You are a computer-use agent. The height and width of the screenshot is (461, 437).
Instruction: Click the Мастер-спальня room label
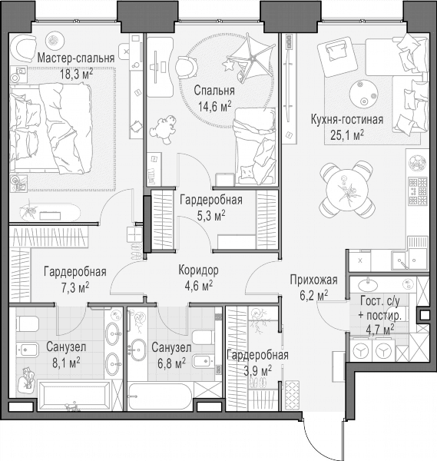(x=76, y=58)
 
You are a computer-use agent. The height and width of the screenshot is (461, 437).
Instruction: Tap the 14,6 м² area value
(x=214, y=106)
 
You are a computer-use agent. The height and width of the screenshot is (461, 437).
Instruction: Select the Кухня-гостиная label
(x=347, y=120)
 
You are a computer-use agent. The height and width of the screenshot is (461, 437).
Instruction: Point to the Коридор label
(x=199, y=270)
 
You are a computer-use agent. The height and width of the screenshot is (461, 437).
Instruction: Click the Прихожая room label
(x=313, y=280)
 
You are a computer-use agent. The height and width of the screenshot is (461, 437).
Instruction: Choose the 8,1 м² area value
(x=66, y=363)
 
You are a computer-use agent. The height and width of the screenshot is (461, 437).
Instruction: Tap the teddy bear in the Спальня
(x=164, y=129)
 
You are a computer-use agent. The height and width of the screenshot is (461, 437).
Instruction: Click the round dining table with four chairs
(x=347, y=189)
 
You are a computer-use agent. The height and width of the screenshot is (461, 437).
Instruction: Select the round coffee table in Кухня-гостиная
(x=363, y=94)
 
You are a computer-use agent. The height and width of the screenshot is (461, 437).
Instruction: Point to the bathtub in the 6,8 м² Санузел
(x=161, y=396)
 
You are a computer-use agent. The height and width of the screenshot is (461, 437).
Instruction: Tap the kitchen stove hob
(x=418, y=191)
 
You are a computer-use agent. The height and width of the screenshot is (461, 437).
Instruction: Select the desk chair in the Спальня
(x=187, y=67)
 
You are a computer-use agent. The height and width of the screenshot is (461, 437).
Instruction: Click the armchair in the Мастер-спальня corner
(x=22, y=47)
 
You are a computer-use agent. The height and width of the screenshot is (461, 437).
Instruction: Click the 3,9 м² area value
(x=258, y=370)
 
